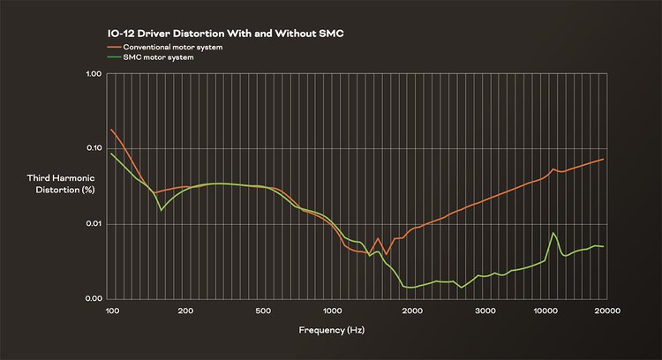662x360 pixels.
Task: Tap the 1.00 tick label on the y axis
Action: [93, 73]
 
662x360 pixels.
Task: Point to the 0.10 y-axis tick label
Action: [93, 148]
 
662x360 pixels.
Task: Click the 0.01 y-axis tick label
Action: [93, 224]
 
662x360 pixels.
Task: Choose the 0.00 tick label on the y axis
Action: [93, 299]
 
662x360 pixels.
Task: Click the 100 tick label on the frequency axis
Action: [112, 311]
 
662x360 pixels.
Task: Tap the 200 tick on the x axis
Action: [185, 311]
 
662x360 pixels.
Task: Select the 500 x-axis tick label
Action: [261, 311]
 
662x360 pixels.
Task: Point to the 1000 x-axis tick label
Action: [333, 311]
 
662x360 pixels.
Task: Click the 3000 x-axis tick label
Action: [485, 311]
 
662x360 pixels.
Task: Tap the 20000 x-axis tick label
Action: [604, 311]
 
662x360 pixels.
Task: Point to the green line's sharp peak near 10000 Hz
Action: [553, 233]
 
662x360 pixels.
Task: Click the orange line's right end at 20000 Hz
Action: [604, 159]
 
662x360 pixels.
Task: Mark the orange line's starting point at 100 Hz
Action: [111, 130]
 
